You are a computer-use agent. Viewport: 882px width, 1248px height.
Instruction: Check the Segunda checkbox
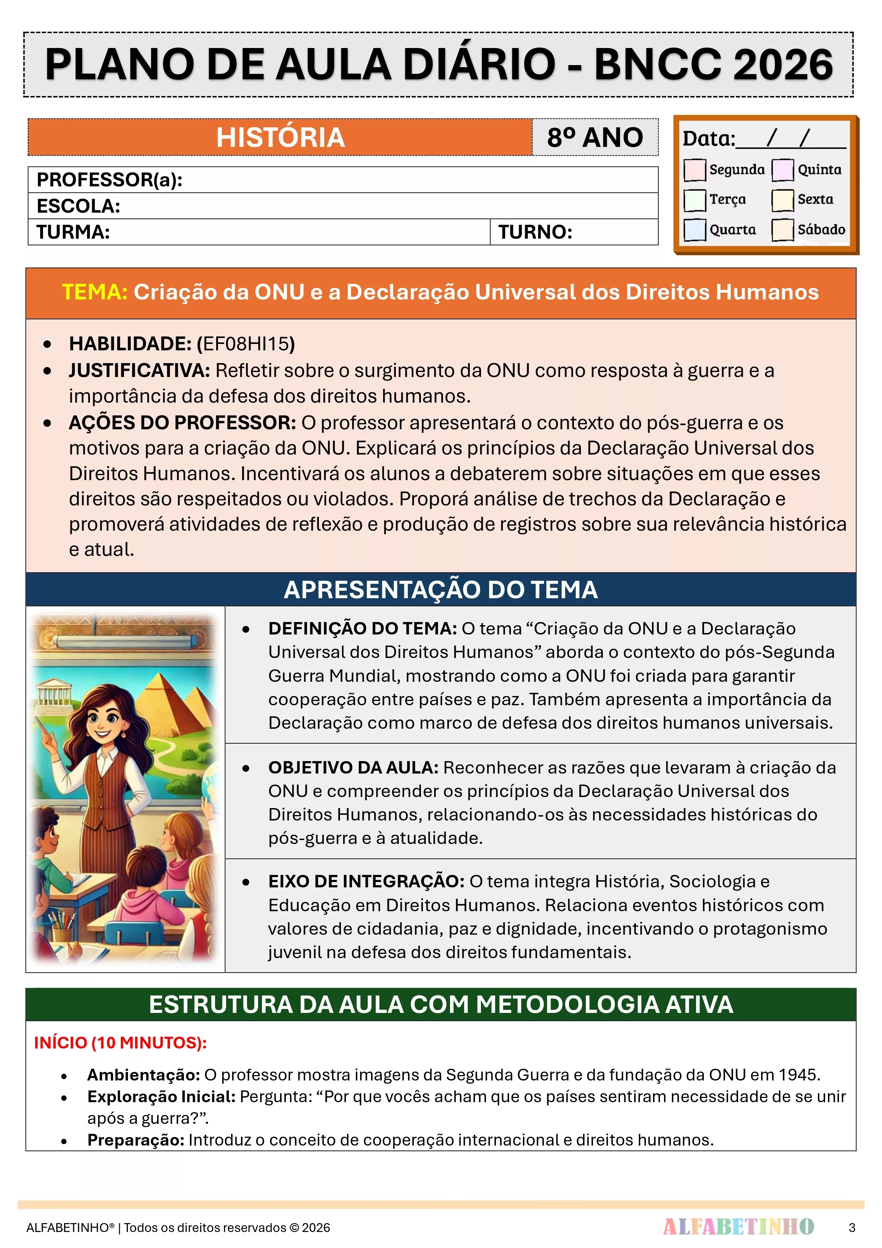695,170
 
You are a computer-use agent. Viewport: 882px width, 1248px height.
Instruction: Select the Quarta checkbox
695,229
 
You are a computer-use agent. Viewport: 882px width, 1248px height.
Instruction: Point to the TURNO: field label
535,232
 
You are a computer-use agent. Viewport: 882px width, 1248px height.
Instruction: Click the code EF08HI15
246,344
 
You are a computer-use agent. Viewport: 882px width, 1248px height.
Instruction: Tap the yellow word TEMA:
95,292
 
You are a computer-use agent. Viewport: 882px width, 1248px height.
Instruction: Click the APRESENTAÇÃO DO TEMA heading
441,590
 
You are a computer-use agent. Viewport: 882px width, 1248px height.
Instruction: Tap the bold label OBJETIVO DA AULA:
353,768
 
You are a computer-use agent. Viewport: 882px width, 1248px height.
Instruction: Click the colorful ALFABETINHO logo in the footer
738,1227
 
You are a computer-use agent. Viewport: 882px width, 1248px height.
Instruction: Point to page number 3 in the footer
851,1227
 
